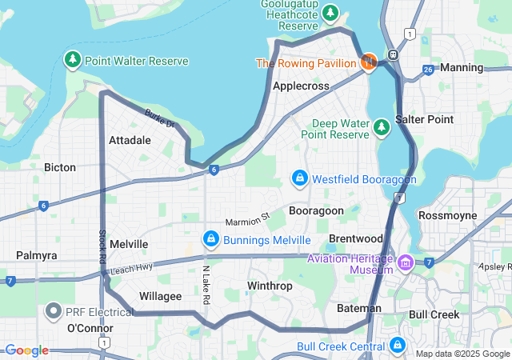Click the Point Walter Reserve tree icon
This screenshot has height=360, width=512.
pyautogui.click(x=73, y=60)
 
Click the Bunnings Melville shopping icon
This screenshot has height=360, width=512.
pyautogui.click(x=210, y=239)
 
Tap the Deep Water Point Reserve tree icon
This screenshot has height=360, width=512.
pyautogui.click(x=381, y=126)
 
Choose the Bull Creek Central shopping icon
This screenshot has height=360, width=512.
pyautogui.click(x=398, y=346)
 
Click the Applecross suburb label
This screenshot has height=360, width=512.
pyautogui.click(x=301, y=85)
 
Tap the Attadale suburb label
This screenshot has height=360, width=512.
pyautogui.click(x=130, y=139)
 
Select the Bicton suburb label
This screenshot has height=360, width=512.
pyautogui.click(x=60, y=167)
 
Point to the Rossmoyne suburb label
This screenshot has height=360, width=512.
pyautogui.click(x=447, y=215)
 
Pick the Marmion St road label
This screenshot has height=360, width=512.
pyautogui.click(x=248, y=216)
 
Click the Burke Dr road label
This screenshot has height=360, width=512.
pyautogui.click(x=160, y=118)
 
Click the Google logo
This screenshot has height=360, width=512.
pyautogui.click(x=26, y=350)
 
